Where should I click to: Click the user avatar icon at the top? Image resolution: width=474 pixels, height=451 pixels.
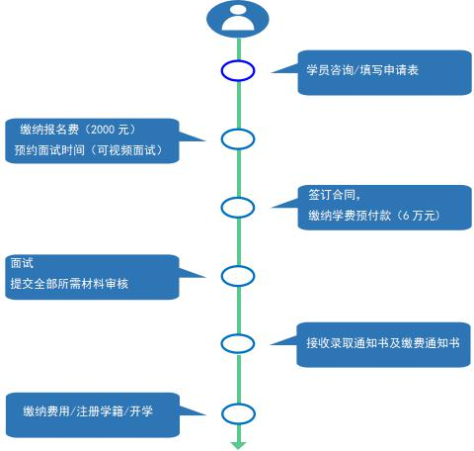click(238, 19)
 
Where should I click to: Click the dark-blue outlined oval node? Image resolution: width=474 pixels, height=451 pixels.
click(238, 61)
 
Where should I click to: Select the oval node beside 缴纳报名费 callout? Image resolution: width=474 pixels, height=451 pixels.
click(238, 130)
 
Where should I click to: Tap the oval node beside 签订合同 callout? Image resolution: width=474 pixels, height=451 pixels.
click(238, 199)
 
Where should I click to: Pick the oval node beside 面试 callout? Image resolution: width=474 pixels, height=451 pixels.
click(238, 267)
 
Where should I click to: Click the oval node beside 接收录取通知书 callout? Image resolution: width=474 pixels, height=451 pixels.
click(238, 334)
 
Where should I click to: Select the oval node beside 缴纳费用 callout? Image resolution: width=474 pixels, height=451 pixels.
click(238, 405)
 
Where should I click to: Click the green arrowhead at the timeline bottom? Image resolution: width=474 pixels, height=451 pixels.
click(239, 445)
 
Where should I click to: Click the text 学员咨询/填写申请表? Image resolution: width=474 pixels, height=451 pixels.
click(362, 70)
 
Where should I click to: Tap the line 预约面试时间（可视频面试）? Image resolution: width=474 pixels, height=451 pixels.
click(89, 150)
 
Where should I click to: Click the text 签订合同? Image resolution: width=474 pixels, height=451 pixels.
click(332, 195)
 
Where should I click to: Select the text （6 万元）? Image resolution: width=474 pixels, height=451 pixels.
click(418, 216)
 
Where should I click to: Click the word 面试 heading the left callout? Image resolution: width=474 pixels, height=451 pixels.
click(22, 263)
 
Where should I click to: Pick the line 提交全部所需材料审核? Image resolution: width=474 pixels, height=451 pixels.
click(69, 284)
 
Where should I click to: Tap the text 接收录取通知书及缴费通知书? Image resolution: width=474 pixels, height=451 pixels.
click(382, 343)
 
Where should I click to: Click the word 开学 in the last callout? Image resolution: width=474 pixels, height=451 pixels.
click(141, 411)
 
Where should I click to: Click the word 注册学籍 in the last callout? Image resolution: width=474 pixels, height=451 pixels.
click(100, 411)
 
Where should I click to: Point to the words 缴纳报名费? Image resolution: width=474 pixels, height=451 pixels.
click(49, 130)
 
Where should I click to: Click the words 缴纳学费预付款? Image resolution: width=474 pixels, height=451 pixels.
click(350, 216)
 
